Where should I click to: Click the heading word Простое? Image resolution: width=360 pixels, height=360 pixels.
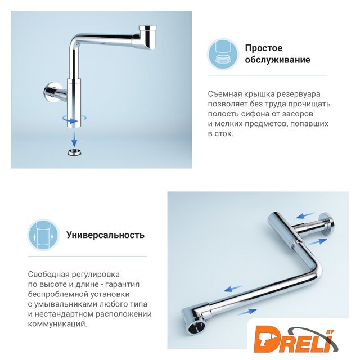(x=264, y=48)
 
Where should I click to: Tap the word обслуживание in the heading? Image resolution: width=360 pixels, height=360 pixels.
(x=277, y=60)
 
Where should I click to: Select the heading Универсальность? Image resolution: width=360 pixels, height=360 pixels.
(x=105, y=235)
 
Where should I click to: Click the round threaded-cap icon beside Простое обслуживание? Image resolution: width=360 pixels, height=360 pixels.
(x=223, y=54)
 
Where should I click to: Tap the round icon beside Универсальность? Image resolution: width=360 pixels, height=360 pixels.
(x=43, y=235)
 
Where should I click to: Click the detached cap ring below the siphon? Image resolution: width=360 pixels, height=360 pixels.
(x=75, y=152)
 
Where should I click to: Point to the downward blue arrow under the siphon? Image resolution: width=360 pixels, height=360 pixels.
(x=74, y=138)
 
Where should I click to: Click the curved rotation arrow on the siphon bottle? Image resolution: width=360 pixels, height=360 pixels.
(x=74, y=119)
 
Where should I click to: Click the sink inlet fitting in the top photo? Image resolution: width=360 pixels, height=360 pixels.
(x=148, y=37)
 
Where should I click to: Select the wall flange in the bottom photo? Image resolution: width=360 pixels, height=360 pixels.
(x=327, y=224)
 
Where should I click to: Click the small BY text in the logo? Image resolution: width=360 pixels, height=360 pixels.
(x=330, y=332)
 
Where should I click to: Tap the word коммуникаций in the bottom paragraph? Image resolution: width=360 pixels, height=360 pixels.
(x=57, y=324)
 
